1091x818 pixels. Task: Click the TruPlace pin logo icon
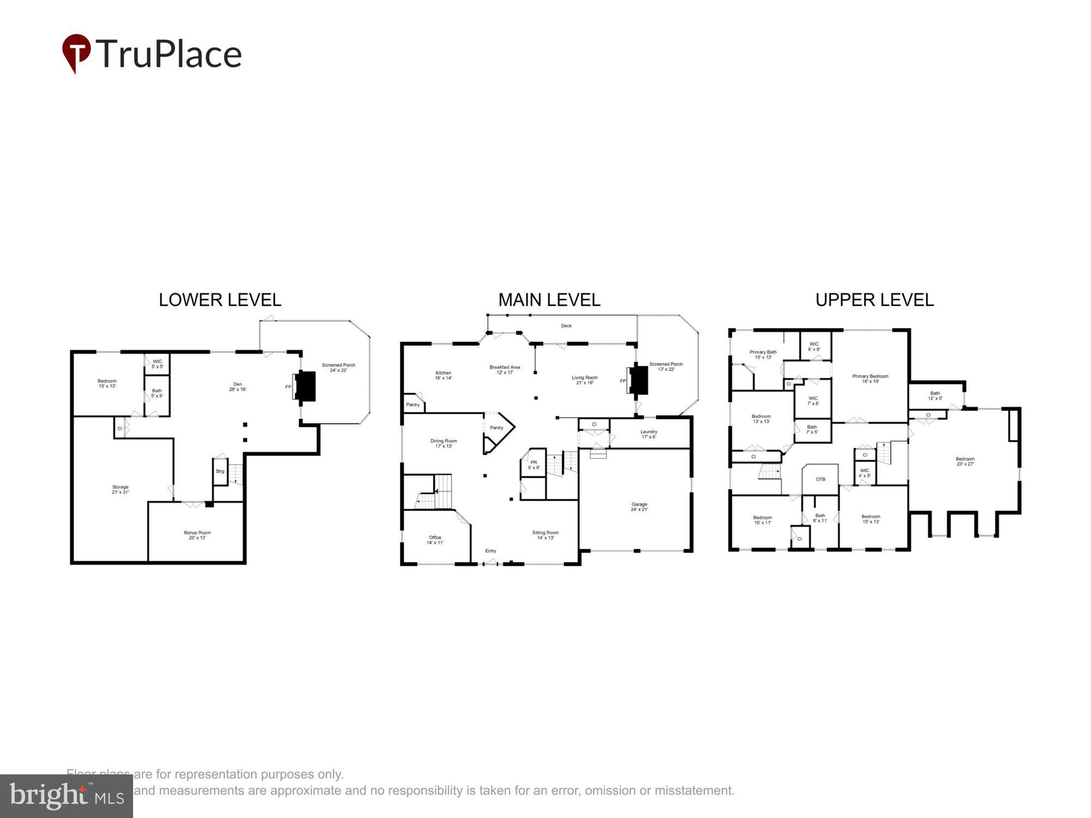(76, 52)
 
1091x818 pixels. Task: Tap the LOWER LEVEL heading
(220, 300)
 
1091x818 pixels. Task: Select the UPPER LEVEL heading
(874, 300)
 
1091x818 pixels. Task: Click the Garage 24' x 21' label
(639, 507)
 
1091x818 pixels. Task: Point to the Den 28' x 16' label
(237, 387)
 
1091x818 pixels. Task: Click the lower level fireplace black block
(306, 386)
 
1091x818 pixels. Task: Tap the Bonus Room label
(197, 535)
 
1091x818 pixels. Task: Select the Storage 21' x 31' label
(120, 490)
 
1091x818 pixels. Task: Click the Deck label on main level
(566, 326)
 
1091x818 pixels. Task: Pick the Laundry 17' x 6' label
(649, 434)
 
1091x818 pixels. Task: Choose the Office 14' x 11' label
(435, 540)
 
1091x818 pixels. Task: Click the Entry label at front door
(490, 551)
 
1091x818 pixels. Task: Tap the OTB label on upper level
(820, 479)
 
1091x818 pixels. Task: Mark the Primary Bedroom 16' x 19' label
(870, 378)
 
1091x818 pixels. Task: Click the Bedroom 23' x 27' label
(965, 461)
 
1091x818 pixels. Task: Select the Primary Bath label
(763, 354)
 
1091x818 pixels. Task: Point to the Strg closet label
(220, 471)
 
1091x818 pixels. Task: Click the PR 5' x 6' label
(533, 465)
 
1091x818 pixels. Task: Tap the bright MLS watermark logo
(66, 796)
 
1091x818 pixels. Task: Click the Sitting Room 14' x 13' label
(545, 535)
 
